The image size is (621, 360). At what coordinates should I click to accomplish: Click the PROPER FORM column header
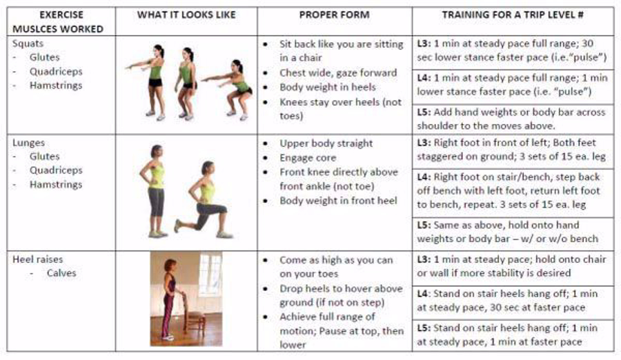pyautogui.click(x=334, y=15)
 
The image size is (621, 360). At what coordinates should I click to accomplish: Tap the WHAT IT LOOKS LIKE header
pyautogui.click(x=186, y=15)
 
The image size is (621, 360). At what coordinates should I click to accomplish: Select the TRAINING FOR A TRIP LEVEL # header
pyautogui.click(x=513, y=15)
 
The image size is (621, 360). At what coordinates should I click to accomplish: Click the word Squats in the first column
pyautogui.click(x=28, y=43)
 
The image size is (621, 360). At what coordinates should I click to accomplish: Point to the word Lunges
pyautogui.click(x=28, y=143)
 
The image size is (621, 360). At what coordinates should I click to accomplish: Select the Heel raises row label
pyautogui.click(x=38, y=259)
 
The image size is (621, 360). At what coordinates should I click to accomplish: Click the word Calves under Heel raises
pyautogui.click(x=61, y=273)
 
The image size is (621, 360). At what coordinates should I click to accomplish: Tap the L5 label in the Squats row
pyautogui.click(x=424, y=112)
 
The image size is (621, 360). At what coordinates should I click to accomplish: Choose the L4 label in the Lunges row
pyautogui.click(x=424, y=177)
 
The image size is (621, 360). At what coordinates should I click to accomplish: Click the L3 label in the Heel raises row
pyautogui.click(x=424, y=259)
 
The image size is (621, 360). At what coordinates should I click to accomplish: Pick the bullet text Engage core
pyautogui.click(x=308, y=158)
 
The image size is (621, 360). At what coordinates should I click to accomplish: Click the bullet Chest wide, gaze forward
pyautogui.click(x=338, y=73)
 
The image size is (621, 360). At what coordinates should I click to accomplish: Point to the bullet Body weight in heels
pyautogui.click(x=328, y=87)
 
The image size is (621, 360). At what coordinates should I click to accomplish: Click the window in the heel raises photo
pyautogui.click(x=210, y=274)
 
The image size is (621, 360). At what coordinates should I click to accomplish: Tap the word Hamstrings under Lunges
pyautogui.click(x=56, y=185)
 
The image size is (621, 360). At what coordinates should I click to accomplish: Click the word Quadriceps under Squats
pyautogui.click(x=56, y=72)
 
